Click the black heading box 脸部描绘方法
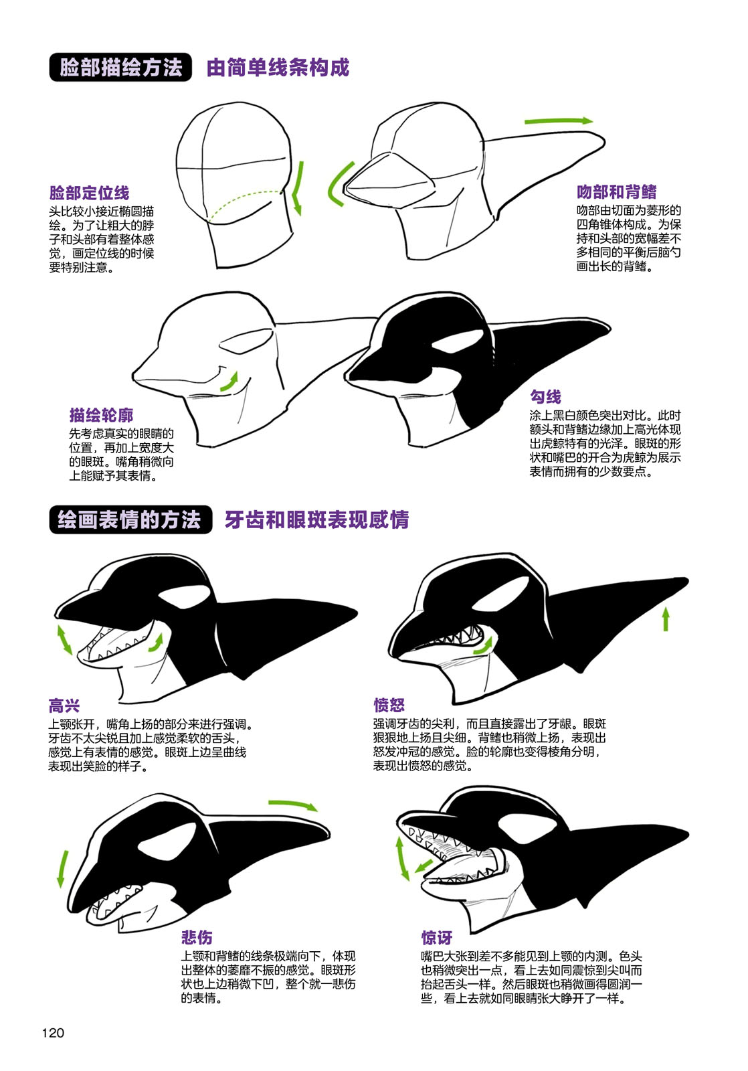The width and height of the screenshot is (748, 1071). click(120, 68)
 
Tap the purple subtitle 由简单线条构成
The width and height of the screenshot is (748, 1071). click(278, 68)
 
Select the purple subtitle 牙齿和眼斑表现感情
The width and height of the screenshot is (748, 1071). click(316, 520)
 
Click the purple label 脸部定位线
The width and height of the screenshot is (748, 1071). click(89, 193)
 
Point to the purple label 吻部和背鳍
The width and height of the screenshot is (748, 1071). click(616, 192)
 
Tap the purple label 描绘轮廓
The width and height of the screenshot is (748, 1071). click(101, 415)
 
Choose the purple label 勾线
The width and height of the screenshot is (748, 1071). click(545, 397)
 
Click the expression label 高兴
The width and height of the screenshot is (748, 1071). click(64, 706)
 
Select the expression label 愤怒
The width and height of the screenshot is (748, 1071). click(389, 705)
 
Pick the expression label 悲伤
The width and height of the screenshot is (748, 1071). click(196, 937)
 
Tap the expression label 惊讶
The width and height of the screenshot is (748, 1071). click(436, 938)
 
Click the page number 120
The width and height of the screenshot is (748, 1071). click(53, 1033)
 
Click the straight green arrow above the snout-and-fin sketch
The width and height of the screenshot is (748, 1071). click(558, 121)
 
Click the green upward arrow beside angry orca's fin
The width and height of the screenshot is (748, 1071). click(666, 619)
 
